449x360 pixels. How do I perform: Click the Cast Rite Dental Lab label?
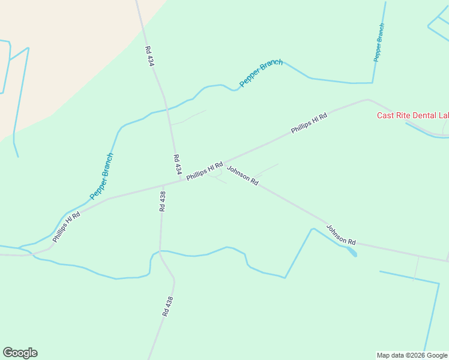click(412, 115)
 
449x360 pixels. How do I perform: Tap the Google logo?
click(20, 353)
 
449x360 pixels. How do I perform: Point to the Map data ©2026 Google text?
click(412, 355)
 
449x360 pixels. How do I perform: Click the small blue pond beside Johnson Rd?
click(351, 251)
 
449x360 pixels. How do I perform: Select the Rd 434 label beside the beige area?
click(149, 56)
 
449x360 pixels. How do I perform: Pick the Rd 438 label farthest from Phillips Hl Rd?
click(167, 306)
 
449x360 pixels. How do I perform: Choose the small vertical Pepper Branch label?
click(379, 42)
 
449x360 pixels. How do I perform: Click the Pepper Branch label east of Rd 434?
click(261, 73)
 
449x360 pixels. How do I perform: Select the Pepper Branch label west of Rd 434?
click(101, 176)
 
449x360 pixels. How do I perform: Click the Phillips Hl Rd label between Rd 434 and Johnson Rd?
click(205, 171)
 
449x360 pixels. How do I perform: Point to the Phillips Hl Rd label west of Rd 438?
click(66, 226)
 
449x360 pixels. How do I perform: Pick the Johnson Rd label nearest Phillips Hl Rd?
click(243, 175)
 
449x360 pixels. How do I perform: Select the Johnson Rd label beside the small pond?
click(341, 235)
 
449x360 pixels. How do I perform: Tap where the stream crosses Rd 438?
click(160, 251)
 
